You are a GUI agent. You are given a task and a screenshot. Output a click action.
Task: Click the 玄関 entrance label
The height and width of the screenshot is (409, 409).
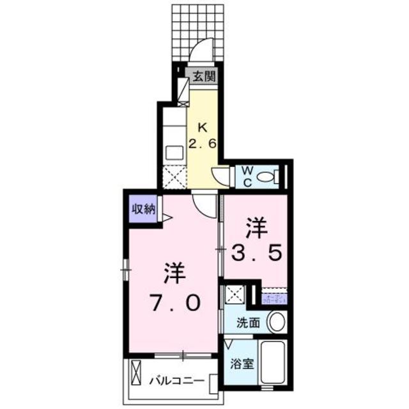point(205,75)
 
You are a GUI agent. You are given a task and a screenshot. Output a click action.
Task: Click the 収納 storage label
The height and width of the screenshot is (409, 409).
point(143,209)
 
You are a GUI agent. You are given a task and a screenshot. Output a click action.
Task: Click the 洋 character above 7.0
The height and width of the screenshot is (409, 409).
point(173,274)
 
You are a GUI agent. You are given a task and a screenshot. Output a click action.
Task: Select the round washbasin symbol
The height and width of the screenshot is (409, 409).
point(275,321)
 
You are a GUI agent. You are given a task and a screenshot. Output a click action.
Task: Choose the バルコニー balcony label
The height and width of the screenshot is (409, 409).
point(177,382)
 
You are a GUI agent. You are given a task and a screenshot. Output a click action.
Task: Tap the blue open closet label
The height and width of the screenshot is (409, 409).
point(274,297)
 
